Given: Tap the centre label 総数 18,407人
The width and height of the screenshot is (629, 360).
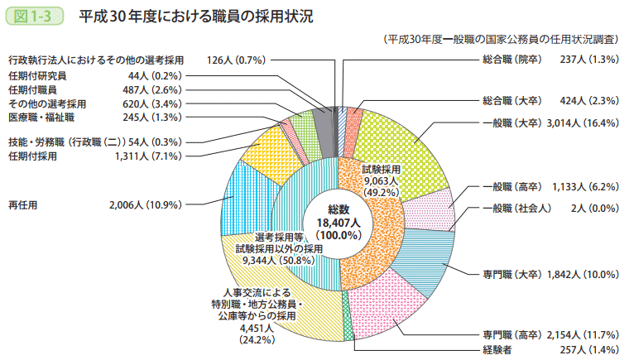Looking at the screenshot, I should click(x=339, y=221).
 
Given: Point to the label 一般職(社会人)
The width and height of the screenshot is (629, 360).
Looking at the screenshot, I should click(x=516, y=208).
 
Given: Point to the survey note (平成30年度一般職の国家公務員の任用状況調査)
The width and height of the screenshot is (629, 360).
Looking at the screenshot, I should click(x=502, y=39).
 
